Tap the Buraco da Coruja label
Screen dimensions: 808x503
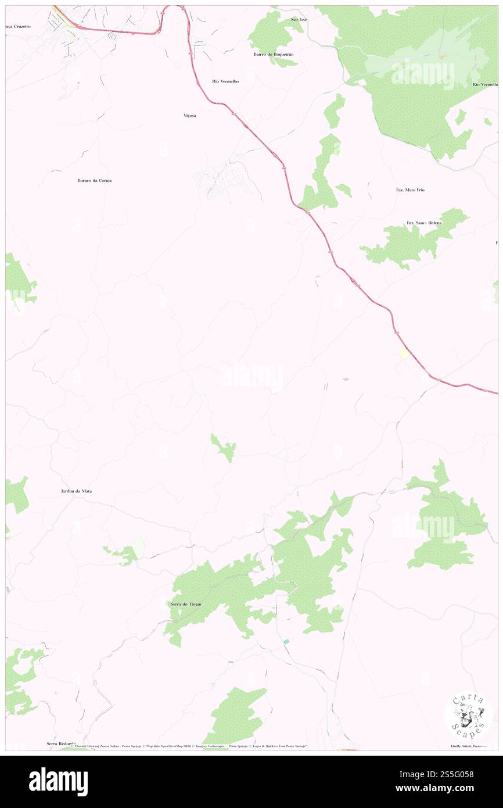(94, 181)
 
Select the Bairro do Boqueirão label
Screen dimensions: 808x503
(274, 54)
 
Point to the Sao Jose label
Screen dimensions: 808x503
(299, 19)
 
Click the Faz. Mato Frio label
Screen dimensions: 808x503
(410, 190)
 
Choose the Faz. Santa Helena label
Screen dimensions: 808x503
(424, 223)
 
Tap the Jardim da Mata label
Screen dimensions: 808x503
(76, 491)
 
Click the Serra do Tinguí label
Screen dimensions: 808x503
(185, 605)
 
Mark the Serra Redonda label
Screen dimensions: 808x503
(61, 743)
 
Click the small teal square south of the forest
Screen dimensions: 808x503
(286, 641)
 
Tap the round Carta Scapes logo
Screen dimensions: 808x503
(468, 715)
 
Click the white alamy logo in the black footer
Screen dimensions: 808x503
(58, 781)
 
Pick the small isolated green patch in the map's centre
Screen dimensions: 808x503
(224, 448)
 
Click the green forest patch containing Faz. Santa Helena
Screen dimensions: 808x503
(407, 241)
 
